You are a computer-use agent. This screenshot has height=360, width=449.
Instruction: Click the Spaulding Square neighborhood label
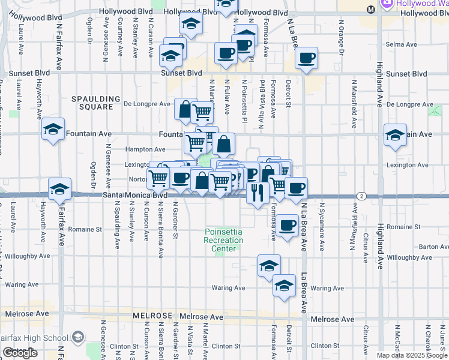tap(92, 103)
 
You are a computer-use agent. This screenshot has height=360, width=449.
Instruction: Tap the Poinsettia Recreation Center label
tap(224, 240)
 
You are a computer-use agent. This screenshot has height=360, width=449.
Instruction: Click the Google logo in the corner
tap(20, 353)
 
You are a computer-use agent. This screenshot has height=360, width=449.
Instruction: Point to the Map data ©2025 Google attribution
tap(412, 355)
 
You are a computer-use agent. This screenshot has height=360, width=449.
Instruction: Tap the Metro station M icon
tap(371, 9)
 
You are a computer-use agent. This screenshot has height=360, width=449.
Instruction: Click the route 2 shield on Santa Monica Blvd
tap(361, 196)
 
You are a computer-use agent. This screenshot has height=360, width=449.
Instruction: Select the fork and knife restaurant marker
tap(258, 193)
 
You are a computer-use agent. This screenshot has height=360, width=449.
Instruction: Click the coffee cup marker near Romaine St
tap(288, 225)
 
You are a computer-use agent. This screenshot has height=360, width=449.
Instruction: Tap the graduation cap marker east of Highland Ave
tap(395, 134)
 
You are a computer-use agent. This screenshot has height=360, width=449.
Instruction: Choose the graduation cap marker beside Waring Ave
tap(284, 286)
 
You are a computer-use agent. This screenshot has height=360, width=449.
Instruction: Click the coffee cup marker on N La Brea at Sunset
tap(306, 58)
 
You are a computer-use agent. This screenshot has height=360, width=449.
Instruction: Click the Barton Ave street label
tap(430, 247)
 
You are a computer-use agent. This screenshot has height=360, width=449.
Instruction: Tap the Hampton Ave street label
tap(145, 149)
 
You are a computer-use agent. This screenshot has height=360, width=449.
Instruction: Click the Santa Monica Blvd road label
tap(135, 196)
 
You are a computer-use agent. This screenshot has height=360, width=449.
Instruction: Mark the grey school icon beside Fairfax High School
tap(77, 338)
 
